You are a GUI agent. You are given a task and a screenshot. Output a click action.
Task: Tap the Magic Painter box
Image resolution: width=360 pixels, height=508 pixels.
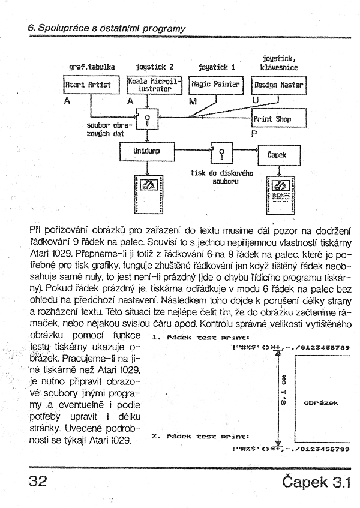pyautogui.click(x=216, y=85)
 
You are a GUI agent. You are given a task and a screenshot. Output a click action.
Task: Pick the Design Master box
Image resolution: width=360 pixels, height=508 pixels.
pyautogui.click(x=278, y=85)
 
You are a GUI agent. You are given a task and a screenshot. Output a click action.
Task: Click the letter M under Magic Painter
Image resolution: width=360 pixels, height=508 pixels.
pyautogui.click(x=192, y=101)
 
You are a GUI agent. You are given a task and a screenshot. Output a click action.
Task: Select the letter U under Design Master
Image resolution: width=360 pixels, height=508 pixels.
pyautogui.click(x=256, y=100)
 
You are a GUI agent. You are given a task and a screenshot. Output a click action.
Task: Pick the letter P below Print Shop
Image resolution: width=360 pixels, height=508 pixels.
pyautogui.click(x=254, y=134)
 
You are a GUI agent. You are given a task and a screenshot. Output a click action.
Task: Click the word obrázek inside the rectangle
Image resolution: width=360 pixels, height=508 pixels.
pyautogui.click(x=321, y=402)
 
